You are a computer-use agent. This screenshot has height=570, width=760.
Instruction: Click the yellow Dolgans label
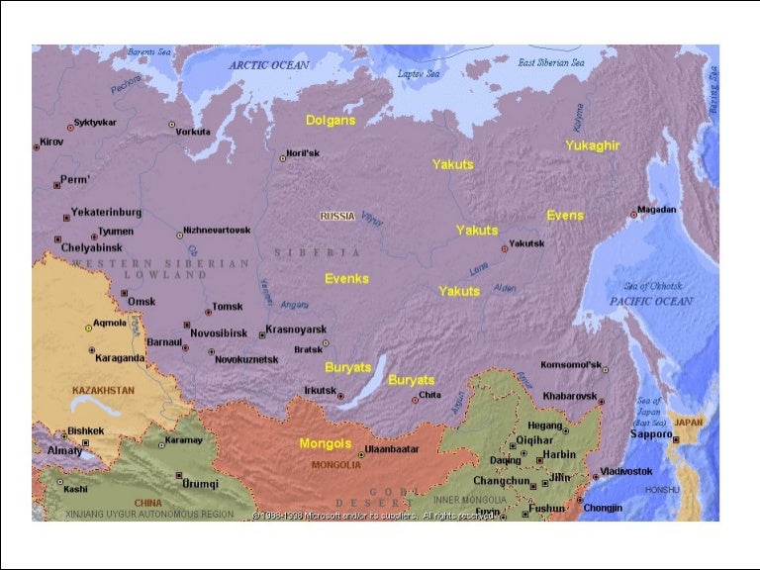[330, 120]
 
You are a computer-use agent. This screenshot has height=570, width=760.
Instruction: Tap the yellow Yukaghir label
[593, 145]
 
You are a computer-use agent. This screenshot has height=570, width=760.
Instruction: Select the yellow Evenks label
[346, 279]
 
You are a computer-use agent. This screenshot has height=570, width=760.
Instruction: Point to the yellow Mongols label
[326, 443]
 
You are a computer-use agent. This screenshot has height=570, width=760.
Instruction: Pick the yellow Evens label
[565, 215]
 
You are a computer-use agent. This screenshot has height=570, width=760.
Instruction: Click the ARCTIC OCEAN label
[269, 64]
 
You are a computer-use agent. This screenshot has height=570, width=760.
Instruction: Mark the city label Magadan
[657, 210]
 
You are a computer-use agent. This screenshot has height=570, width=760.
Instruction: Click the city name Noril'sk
[303, 153]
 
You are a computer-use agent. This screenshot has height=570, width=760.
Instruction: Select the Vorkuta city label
[193, 131]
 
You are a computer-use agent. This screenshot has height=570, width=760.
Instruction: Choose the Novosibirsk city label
[219, 333]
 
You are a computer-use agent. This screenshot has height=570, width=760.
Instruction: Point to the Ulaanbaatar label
[392, 449]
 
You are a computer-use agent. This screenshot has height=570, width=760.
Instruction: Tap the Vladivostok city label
[627, 471]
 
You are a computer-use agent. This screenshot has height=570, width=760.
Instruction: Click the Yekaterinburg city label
[106, 213]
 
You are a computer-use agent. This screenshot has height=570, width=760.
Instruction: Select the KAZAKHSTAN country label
[103, 391]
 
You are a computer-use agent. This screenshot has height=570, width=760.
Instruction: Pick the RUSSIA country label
[336, 216]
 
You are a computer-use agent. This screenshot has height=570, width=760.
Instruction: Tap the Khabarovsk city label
[571, 396]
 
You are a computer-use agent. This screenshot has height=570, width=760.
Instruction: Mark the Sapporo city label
[652, 434]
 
